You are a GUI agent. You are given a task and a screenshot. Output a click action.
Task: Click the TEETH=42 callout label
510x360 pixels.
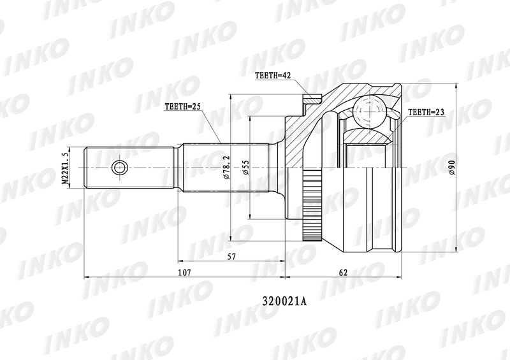(x=273, y=76)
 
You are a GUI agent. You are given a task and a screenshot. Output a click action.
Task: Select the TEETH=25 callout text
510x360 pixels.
(x=182, y=106)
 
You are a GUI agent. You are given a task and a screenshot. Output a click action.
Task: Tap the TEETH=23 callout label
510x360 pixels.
(x=426, y=113)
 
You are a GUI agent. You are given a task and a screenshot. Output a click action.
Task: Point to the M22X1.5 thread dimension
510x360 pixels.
(x=66, y=168)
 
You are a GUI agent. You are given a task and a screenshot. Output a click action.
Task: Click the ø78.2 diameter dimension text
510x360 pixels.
(x=227, y=167)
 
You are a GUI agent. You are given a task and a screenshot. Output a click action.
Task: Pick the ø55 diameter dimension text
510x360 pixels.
(x=246, y=168)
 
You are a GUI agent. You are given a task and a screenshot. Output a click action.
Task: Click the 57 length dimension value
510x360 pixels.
(x=231, y=257)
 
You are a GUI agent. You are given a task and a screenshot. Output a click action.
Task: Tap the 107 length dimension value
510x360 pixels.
(x=184, y=273)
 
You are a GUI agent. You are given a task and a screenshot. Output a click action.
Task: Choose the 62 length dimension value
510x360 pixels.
(x=343, y=273)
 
